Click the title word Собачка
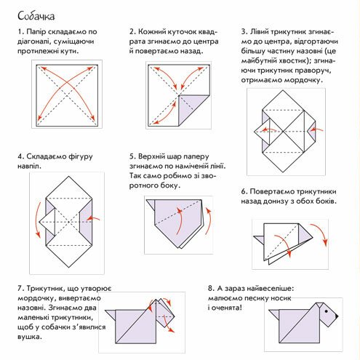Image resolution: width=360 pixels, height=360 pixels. pos(36,16)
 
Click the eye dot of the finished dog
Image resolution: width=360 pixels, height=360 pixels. pos(327,311)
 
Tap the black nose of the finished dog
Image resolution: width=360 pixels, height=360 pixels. pos(336,316)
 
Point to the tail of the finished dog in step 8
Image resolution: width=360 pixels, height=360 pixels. pos(274,314)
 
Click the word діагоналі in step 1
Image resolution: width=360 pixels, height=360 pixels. pos(32,41)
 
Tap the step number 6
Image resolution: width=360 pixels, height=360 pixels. pos(244,191)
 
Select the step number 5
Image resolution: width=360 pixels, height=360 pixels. pos(132,156)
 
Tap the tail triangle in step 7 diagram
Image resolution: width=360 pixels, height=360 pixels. pos(111,315)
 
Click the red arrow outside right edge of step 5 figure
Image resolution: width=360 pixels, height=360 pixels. pos(209,221)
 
